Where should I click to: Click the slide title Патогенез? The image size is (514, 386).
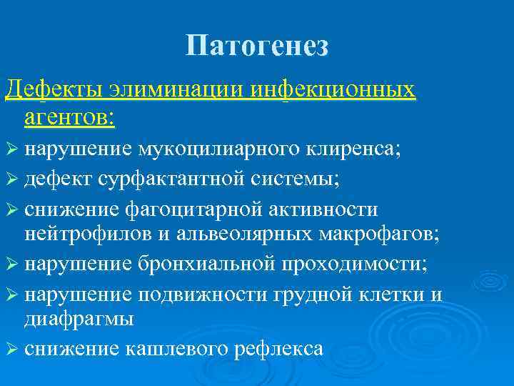tap(257, 46)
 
